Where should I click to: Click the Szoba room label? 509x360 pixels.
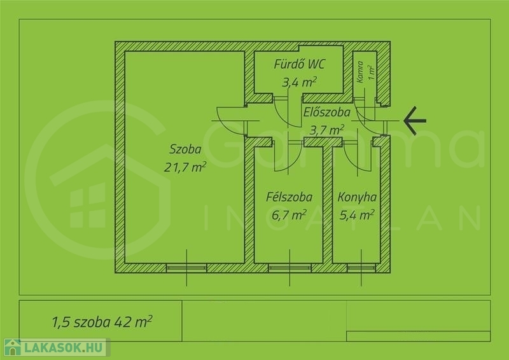coord(185,149)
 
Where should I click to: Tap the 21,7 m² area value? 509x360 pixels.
coord(185,167)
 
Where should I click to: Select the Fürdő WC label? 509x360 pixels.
coord(299,64)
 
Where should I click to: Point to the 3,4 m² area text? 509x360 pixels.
coord(299,82)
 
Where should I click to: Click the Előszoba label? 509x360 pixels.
coord(327,113)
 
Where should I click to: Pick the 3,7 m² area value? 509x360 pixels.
coord(327,130)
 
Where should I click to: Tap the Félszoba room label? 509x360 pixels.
coord(289,197)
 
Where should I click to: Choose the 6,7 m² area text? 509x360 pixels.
coord(289,214)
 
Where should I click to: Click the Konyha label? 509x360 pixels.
coord(357,197)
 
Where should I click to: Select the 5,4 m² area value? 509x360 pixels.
coord(357,214)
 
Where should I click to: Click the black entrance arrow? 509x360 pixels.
coord(415,120)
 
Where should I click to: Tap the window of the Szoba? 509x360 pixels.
coord(186,268)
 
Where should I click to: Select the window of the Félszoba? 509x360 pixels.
coord(289,268)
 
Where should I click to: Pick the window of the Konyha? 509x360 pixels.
coord(361,268)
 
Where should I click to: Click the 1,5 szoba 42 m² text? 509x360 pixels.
coord(102,322)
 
